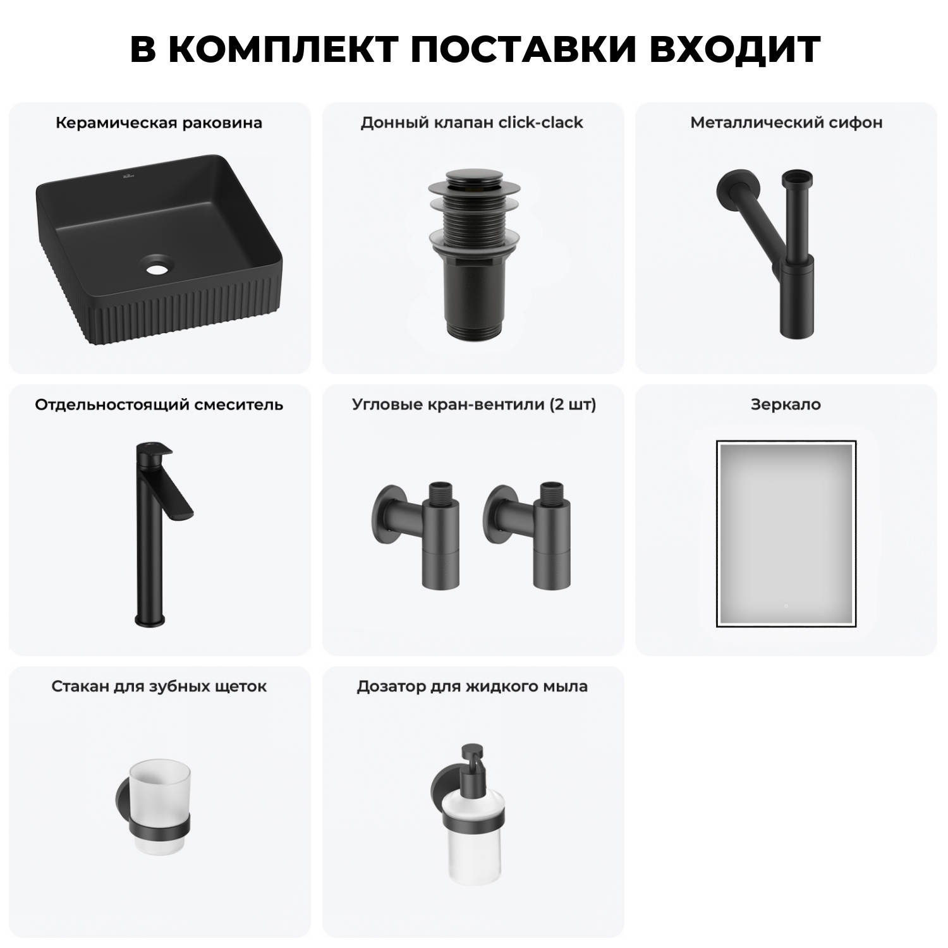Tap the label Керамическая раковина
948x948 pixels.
pos(159,123)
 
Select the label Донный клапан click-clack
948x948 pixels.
pos(471,123)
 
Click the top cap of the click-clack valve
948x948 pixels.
pos(473,181)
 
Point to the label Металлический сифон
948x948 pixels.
pos(786,123)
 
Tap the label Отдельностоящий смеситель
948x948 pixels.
pos(159,404)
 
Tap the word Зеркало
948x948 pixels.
pos(786,404)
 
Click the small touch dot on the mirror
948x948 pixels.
pos(786,606)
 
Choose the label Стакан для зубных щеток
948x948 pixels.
pos(159,686)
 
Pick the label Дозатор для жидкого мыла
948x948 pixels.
pos(472,686)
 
